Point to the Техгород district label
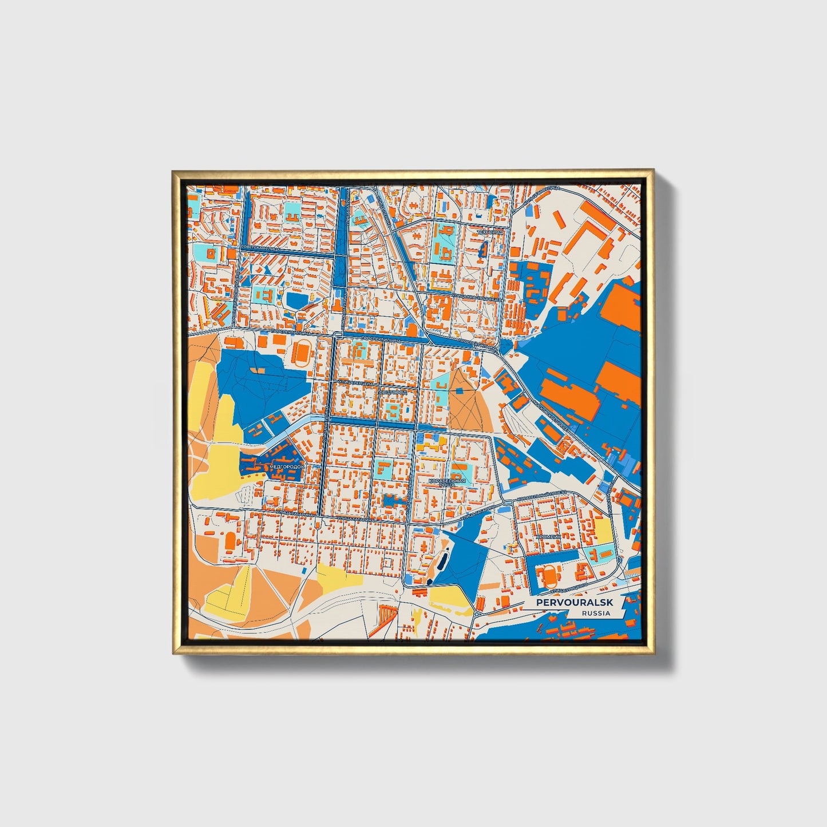(490, 232)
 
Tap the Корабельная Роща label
(447, 482)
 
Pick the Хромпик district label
(548, 537)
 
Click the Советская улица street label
(261, 247)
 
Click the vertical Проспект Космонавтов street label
(235, 292)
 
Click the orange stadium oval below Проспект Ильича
(300, 353)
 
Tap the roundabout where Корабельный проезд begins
(506, 502)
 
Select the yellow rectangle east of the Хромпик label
(604, 532)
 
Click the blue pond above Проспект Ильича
(296, 299)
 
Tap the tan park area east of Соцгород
(468, 401)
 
